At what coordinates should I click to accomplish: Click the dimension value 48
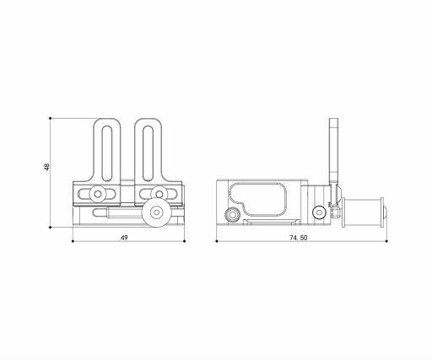click(46, 167)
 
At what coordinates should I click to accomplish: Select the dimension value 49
click(124, 238)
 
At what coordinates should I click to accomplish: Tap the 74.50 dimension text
click(299, 238)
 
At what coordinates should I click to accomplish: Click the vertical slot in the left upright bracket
click(107, 153)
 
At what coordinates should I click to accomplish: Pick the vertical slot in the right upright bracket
click(148, 153)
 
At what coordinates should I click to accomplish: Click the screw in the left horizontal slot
click(98, 194)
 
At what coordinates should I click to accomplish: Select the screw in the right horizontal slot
click(159, 194)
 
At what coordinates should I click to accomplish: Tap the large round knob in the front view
click(154, 212)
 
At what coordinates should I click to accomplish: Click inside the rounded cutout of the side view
click(259, 198)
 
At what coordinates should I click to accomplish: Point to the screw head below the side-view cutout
click(232, 215)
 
